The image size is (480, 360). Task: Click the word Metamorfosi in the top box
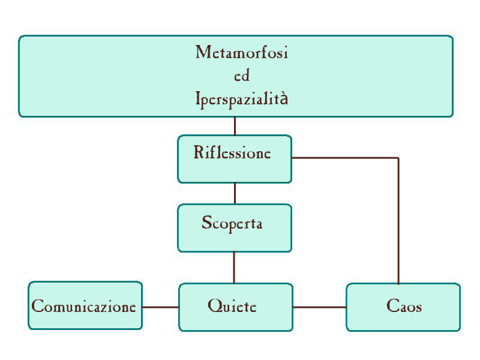click(242, 53)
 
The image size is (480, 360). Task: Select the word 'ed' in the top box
click(241, 76)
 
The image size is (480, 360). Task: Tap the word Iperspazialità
click(242, 98)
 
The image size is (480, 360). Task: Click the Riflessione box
click(235, 159)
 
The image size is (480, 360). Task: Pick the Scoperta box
click(235, 228)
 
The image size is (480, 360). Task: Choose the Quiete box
click(236, 307)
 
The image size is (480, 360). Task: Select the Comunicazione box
click(85, 306)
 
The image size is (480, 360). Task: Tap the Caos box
click(403, 307)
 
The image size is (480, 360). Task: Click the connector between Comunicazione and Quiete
click(160, 307)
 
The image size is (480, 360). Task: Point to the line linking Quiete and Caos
click(319, 307)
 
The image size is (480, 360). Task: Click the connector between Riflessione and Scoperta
click(235, 193)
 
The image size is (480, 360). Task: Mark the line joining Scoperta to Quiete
click(234, 267)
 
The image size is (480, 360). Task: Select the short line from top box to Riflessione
click(235, 126)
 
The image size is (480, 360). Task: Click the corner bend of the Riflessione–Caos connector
click(398, 158)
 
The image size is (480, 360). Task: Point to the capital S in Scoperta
click(206, 223)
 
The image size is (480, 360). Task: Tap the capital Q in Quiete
click(214, 307)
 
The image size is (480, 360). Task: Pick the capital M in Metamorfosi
click(202, 53)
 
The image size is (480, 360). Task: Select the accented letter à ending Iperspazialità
click(284, 98)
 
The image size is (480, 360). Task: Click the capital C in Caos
click(391, 307)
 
